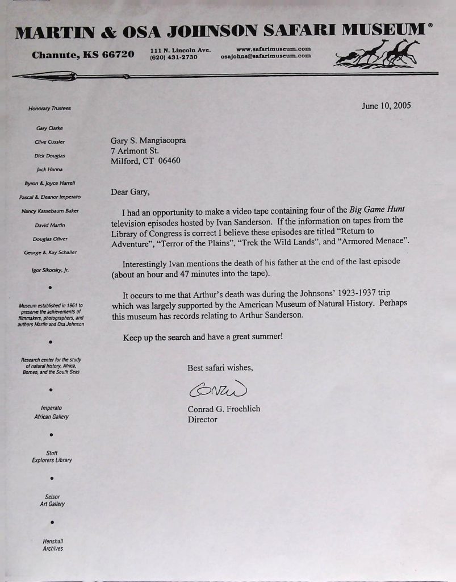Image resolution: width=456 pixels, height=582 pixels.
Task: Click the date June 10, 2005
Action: point(386,106)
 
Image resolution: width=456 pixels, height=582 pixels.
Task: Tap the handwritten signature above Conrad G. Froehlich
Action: point(217,389)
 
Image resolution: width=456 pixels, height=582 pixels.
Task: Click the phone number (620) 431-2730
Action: point(174,57)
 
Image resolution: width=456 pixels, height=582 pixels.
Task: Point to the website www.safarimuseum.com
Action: point(273,49)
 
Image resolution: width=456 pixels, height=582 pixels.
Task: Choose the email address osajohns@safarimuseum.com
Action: point(266,56)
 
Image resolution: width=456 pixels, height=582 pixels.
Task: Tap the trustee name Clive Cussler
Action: point(50,142)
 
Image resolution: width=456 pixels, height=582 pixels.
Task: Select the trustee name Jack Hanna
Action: point(49,169)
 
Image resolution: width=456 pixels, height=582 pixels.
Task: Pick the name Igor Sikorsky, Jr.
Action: point(50,271)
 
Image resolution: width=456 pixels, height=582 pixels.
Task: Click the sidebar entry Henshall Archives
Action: point(53,544)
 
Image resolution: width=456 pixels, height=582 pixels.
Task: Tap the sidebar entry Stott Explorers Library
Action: point(52,456)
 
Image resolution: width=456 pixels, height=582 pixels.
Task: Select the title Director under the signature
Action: point(202,420)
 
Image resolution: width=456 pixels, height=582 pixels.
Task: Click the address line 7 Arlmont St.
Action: point(135,151)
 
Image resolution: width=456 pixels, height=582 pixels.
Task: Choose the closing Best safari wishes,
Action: point(220,368)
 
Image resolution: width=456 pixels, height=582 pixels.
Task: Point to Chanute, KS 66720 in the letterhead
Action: point(83,55)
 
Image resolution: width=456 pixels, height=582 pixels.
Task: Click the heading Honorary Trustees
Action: point(49,108)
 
